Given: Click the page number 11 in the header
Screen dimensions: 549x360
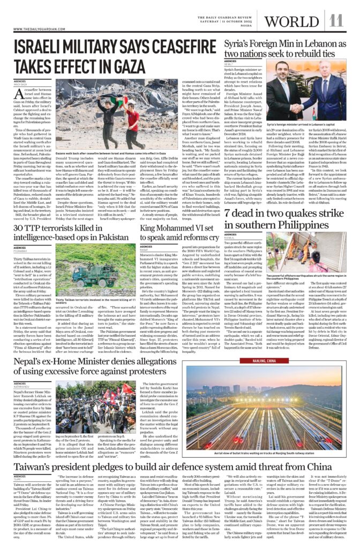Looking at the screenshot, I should (x=336, y=20).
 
